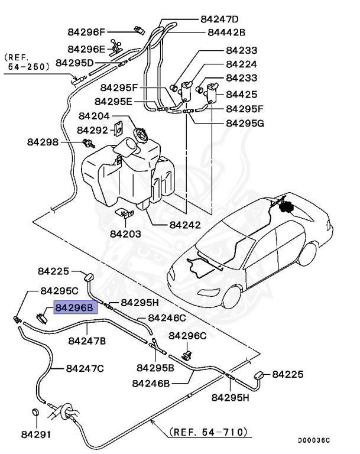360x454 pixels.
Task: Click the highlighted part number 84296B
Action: coord(74,308)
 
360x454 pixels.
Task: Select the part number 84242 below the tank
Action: coord(185,225)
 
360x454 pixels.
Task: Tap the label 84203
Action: coord(125,234)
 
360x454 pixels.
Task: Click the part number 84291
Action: coord(35,434)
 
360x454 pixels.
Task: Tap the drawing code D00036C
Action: coord(313,440)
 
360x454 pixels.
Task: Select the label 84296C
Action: coord(187,336)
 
